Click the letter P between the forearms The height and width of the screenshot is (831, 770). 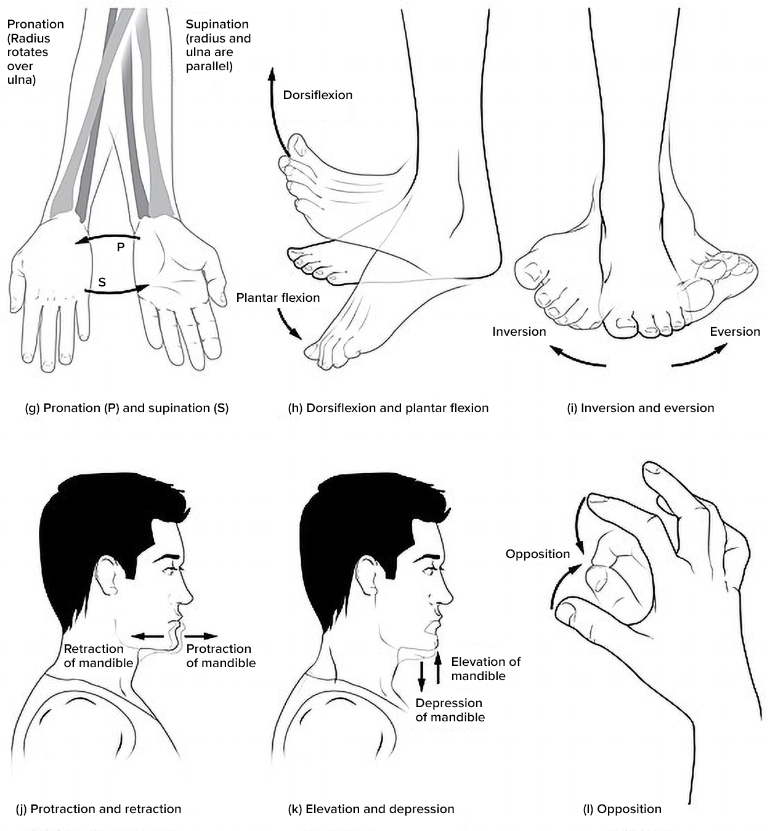pos(121,247)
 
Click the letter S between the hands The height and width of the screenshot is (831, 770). pos(102,282)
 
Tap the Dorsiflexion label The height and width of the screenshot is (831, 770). pos(317,95)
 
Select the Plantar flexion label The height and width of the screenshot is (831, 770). pos(278,298)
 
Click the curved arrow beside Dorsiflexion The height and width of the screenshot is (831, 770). pos(275,111)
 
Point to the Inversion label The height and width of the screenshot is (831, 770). pos(519,331)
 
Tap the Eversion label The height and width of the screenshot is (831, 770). pos(734,331)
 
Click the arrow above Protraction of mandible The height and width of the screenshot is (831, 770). pos(202,636)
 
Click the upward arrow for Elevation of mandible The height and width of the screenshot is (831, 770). pos(438,669)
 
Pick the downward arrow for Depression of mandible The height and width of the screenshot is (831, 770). pos(422,675)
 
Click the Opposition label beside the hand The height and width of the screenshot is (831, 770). pos(537,554)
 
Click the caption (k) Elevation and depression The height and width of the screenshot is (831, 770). pos(371,809)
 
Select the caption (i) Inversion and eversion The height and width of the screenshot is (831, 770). pos(640,408)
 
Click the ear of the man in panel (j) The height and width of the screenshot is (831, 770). pos(107,575)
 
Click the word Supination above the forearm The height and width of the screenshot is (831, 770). pos(217,24)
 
